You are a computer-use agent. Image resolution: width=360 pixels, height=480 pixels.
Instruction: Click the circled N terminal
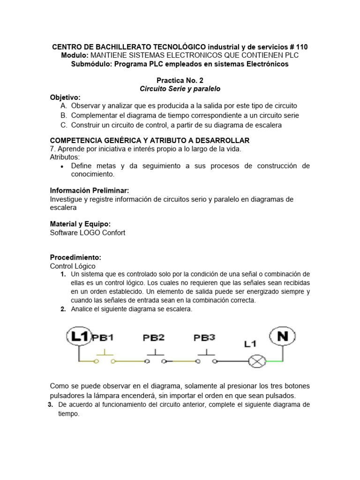click(283, 336)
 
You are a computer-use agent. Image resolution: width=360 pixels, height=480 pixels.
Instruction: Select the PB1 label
click(103, 337)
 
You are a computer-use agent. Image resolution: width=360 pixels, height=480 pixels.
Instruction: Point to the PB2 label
click(154, 337)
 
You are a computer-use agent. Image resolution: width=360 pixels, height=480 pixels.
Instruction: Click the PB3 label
click(205, 337)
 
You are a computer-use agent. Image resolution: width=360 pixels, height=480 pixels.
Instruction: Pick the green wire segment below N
click(275, 361)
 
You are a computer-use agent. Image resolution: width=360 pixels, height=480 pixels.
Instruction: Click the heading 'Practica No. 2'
click(180, 81)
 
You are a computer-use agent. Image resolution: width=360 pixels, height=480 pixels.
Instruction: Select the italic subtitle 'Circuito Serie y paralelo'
click(180, 89)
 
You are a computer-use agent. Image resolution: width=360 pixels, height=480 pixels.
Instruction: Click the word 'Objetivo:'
click(65, 97)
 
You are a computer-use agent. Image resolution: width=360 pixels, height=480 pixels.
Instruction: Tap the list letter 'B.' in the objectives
click(63, 115)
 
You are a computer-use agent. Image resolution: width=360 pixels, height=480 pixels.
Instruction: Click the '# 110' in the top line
click(299, 47)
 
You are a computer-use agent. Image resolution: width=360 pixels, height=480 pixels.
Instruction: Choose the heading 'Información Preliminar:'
click(89, 190)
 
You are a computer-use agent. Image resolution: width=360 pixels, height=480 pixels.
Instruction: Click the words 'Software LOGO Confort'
click(88, 232)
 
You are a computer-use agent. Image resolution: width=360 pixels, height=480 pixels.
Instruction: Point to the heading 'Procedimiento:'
click(75, 258)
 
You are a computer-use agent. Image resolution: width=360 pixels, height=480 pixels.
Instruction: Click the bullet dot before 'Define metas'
click(63, 166)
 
